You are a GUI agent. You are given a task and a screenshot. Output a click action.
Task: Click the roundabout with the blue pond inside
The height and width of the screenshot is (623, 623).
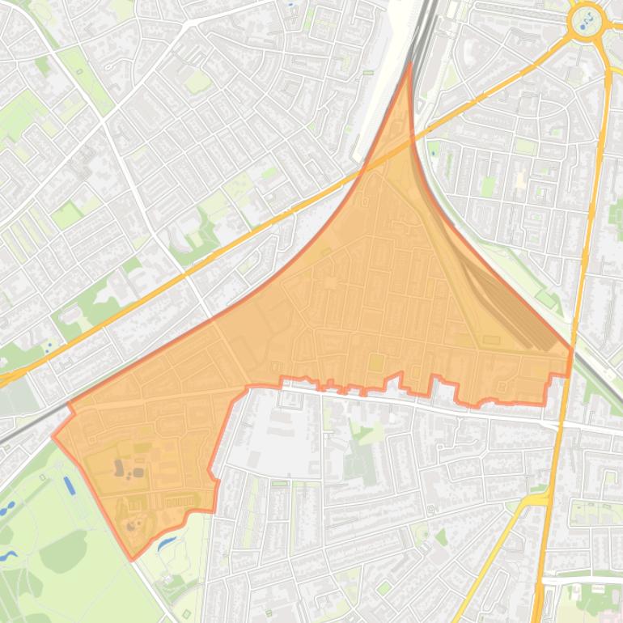pos(586,20)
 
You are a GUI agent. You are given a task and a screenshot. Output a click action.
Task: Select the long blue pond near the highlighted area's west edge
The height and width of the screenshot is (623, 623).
pos(69,485)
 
